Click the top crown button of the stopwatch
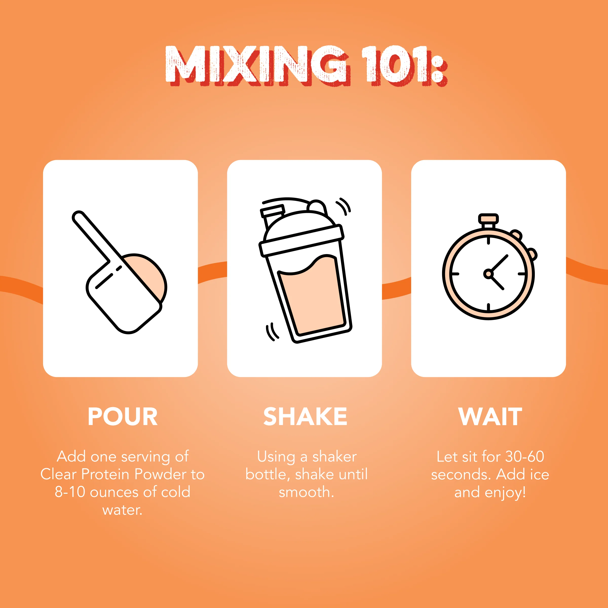point(488,218)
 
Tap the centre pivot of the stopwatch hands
point(488,274)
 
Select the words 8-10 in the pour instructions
point(70,492)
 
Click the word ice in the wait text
point(539,474)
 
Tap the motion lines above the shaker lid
point(344,206)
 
